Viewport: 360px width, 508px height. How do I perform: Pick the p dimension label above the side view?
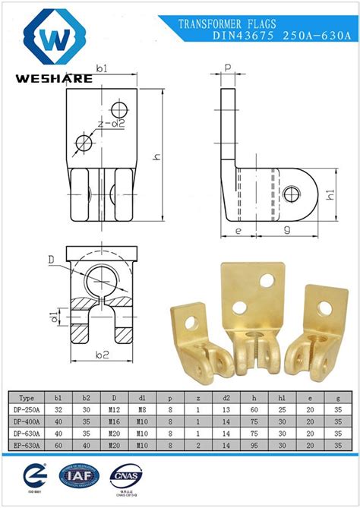(228, 68)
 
